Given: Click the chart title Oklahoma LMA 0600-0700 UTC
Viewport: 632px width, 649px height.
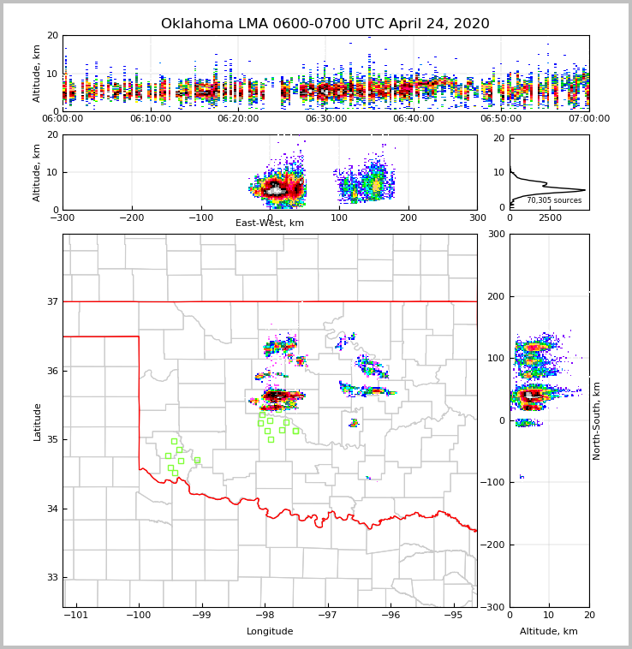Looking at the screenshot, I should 325,24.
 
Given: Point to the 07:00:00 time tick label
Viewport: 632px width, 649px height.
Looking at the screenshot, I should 589,119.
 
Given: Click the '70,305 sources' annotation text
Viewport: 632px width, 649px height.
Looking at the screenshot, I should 554,200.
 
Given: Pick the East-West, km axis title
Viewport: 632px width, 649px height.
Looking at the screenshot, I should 270,223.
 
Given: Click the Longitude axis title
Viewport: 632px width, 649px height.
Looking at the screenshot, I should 270,632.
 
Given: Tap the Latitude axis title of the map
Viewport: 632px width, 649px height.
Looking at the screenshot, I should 37,421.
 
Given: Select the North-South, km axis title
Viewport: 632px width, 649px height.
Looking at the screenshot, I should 597,420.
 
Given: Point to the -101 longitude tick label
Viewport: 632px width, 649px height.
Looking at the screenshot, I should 75,616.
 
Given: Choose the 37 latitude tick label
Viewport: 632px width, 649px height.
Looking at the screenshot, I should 51,301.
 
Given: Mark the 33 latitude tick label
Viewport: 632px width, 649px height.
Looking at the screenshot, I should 51,578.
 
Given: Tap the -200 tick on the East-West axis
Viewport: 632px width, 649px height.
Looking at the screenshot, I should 131,218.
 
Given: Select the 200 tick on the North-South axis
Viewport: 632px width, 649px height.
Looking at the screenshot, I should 495,296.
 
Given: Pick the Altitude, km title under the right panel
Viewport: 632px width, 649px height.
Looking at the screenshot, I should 549,632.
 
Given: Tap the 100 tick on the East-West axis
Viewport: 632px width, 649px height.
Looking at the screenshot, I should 339,218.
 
